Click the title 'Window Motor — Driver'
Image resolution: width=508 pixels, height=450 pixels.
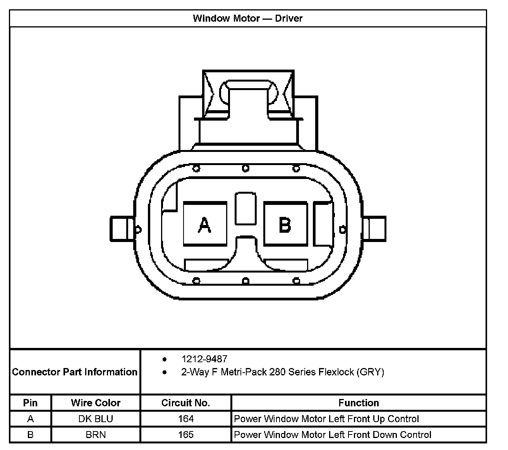247,18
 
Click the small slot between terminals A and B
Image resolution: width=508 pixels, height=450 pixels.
245,208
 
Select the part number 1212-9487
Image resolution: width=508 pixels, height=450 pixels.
204,359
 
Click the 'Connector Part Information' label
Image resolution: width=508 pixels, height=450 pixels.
75,372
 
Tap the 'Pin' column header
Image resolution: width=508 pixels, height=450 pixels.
30,403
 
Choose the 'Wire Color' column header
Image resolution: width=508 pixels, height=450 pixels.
96,403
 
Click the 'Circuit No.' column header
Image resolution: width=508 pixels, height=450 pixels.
185,403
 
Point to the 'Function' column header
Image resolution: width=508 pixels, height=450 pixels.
359,403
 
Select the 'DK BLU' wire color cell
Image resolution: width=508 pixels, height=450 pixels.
96,419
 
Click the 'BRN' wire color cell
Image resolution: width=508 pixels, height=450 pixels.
96,435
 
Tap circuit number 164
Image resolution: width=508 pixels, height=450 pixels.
186,419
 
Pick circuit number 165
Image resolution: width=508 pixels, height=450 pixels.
186,435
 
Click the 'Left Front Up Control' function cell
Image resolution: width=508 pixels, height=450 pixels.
326,419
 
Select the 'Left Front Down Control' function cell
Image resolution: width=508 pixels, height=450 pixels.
333,435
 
